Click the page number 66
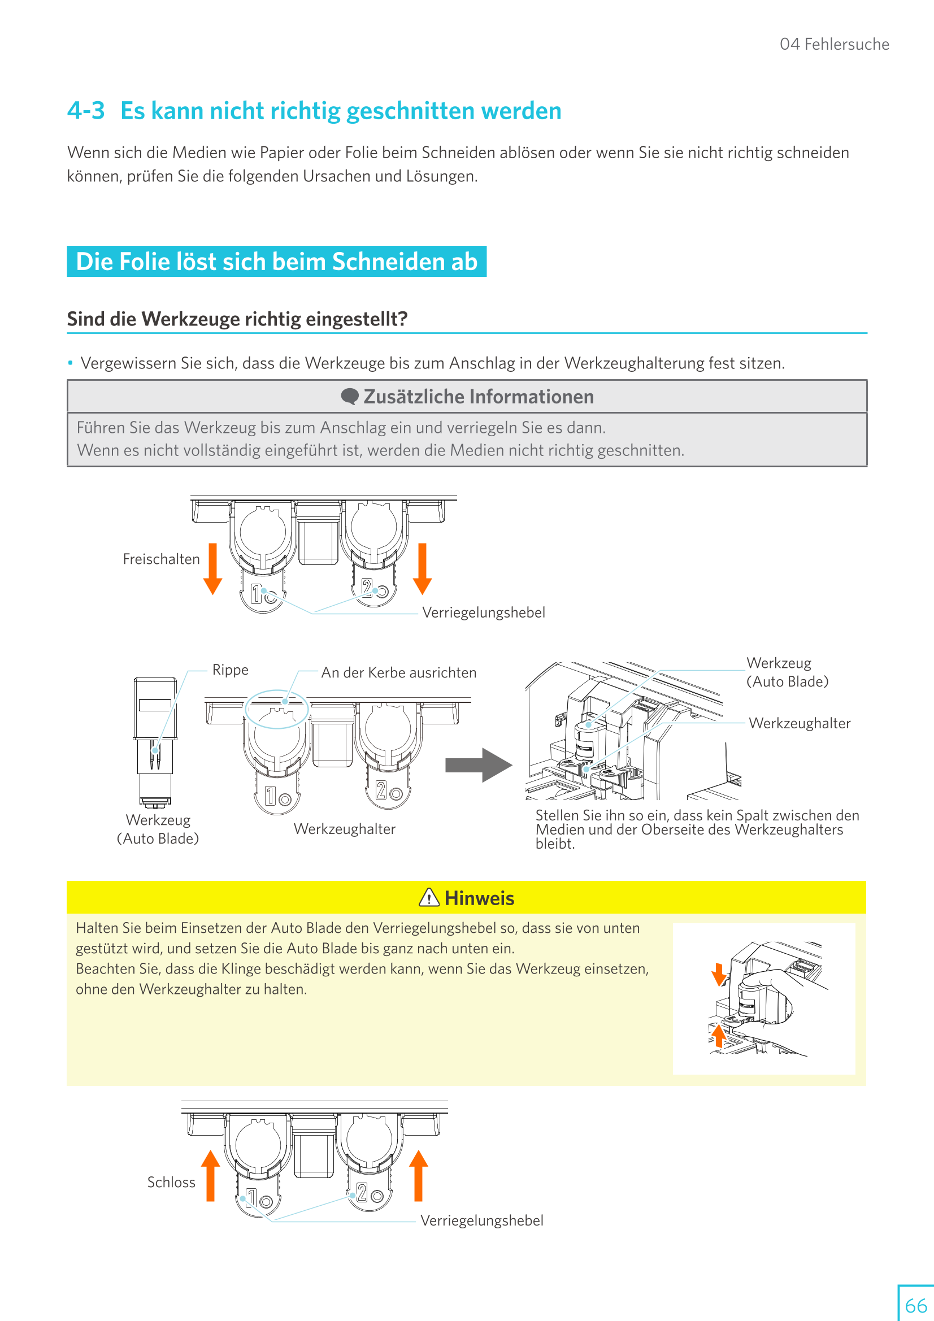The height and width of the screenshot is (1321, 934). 915,1305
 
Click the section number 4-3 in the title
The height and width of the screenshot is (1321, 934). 86,111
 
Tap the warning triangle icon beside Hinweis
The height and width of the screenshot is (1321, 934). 429,898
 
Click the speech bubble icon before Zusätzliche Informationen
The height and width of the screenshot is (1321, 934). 349,397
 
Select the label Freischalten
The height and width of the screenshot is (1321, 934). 161,559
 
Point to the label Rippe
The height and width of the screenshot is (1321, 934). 230,670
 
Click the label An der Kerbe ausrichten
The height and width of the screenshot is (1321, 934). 398,672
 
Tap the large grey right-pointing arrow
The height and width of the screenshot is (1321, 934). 478,765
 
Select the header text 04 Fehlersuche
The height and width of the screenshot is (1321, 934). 834,44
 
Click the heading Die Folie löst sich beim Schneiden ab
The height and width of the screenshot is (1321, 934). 276,262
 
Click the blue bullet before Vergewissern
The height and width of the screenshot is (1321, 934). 70,363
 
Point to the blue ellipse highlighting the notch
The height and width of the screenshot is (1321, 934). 277,709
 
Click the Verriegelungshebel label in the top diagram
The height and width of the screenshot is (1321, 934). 484,612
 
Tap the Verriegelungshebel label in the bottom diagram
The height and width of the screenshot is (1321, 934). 481,1221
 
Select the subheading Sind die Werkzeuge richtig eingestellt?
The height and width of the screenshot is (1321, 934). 237,319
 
